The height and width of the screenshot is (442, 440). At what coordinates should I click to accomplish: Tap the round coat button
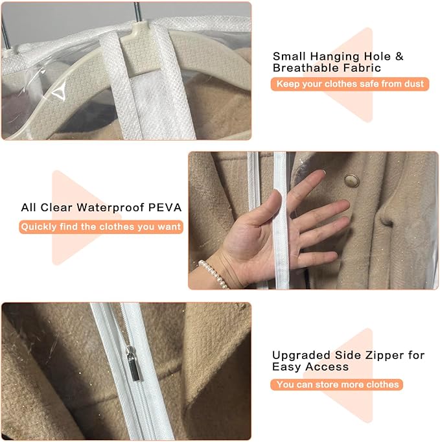click(x=352, y=180)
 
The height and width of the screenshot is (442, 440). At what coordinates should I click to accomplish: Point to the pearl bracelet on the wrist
click(x=214, y=273)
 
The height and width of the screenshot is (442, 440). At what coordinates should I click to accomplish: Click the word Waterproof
click(x=111, y=208)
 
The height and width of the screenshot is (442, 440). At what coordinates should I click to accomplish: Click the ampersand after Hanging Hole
click(x=399, y=56)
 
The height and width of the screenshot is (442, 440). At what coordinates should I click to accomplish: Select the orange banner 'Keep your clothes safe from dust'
click(x=350, y=84)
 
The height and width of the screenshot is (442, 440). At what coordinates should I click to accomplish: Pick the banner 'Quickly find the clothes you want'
click(x=101, y=227)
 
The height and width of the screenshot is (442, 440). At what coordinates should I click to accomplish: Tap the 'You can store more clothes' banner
click(x=336, y=384)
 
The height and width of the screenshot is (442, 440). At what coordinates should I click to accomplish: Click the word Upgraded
click(x=301, y=356)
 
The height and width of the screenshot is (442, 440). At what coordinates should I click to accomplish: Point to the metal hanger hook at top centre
click(x=137, y=11)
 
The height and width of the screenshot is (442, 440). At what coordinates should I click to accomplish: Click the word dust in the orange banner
click(x=414, y=84)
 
